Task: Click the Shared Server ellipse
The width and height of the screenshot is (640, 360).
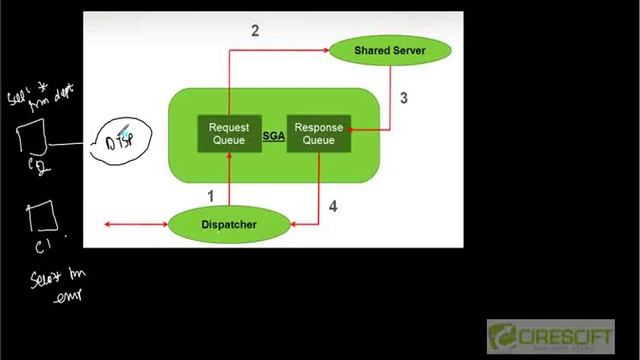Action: coord(389,49)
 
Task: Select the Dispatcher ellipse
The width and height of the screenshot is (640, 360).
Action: coord(227,224)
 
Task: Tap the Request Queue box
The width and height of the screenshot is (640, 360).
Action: coord(228,133)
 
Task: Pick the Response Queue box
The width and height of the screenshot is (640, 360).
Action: coord(318,133)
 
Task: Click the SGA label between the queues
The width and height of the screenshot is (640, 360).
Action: coord(273,135)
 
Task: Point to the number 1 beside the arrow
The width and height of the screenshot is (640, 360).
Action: coord(211,195)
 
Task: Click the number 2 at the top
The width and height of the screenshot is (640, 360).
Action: coord(255,31)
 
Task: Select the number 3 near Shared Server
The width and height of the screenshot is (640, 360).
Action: coord(403,98)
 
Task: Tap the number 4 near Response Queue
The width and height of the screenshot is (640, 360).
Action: coord(333,207)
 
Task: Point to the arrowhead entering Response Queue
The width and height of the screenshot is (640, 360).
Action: coord(354,128)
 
